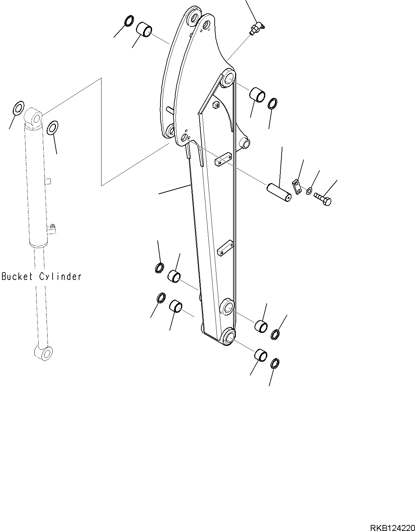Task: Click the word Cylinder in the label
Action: [x=60, y=277]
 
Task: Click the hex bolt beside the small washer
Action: [x=323, y=199]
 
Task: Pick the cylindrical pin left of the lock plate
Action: [x=279, y=192]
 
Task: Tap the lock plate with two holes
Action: [x=297, y=186]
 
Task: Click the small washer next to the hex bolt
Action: [x=309, y=190]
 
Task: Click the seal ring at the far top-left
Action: [x=129, y=20]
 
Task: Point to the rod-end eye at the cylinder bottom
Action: [x=44, y=353]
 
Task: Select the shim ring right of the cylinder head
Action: [x=52, y=128]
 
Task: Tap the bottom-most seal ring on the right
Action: [x=275, y=363]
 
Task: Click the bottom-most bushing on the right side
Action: [x=261, y=355]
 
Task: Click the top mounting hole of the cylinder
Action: [x=37, y=117]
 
